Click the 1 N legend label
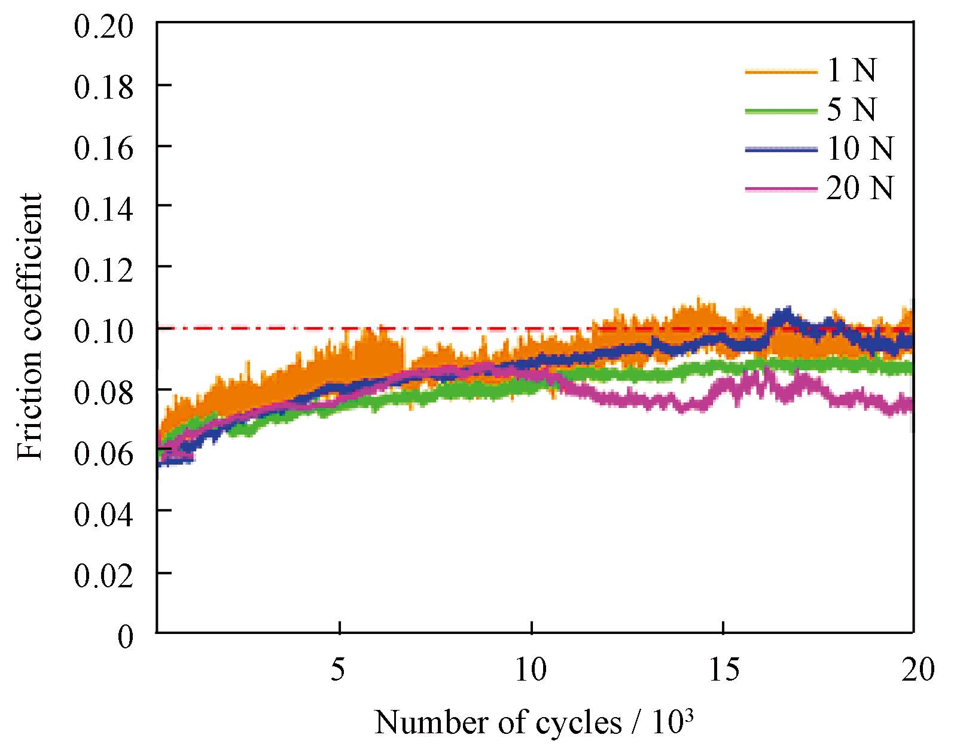(851, 71)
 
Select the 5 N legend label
(851, 109)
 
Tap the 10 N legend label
(859, 148)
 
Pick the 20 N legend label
(859, 188)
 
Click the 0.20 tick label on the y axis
(103, 27)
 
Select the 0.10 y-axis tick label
(103, 330)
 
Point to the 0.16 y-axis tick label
(103, 148)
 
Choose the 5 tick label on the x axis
(339, 670)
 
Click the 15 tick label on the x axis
(723, 670)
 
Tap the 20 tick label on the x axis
(915, 670)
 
